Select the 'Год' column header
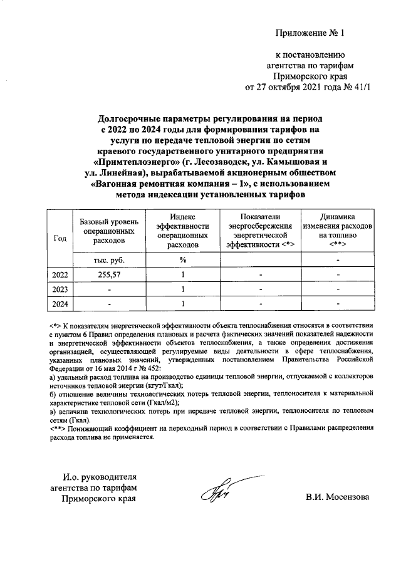point(61,239)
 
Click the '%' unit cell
point(182,259)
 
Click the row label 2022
point(61,274)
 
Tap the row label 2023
point(61,289)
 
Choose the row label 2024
point(61,304)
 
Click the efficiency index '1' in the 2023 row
point(182,289)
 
